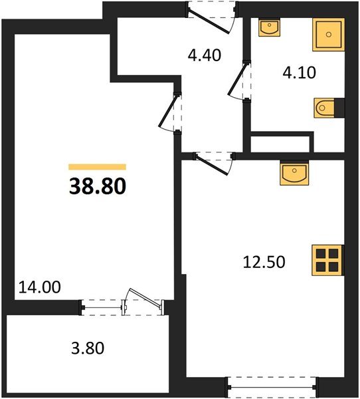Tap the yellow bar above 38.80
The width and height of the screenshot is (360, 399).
(97, 167)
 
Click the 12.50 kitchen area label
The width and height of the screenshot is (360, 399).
(264, 262)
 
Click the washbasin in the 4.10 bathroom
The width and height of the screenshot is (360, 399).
(270, 28)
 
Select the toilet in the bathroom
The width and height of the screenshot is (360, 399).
(327, 106)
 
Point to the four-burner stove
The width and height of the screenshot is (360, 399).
(327, 259)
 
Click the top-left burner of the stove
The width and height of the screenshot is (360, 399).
(321, 253)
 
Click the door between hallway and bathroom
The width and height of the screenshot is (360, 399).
(239, 82)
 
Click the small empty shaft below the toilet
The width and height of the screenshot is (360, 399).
(280, 144)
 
